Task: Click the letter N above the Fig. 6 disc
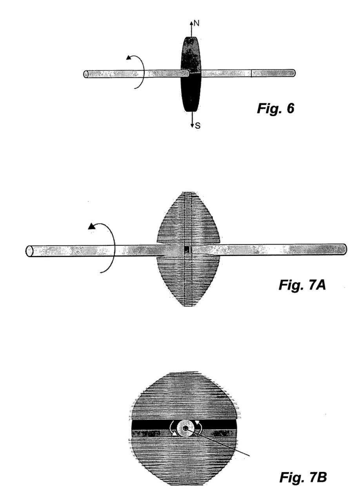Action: tap(196, 23)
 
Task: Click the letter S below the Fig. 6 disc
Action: tap(198, 126)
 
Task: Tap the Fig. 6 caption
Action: tap(275, 109)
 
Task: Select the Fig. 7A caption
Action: tap(302, 285)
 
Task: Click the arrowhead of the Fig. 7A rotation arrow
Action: tap(91, 227)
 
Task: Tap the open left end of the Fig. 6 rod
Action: tap(85, 74)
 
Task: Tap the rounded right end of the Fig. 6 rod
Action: tap(293, 73)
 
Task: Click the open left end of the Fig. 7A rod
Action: tap(29, 251)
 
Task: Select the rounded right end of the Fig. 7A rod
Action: tap(344, 249)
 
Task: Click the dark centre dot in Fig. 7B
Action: tap(185, 428)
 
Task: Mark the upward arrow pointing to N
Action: tap(191, 29)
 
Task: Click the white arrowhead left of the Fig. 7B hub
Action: tap(174, 434)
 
